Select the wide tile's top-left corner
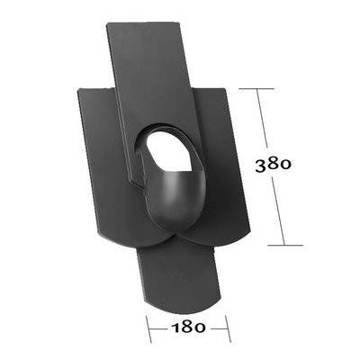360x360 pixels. pyautogui.click(x=80, y=89)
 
